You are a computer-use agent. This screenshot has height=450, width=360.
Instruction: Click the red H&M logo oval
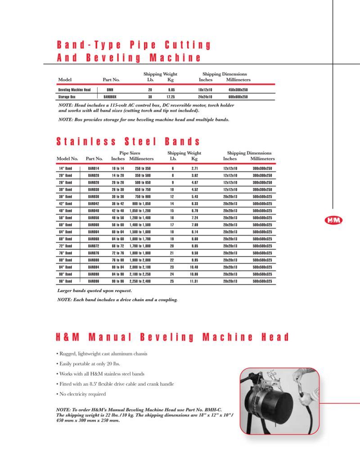pyautogui.click(x=333, y=220)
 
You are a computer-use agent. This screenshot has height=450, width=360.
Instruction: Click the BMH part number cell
pyautogui.click(x=110, y=90)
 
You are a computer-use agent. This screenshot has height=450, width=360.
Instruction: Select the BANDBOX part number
pyautogui.click(x=110, y=97)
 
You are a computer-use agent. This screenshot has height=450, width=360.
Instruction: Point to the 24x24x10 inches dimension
pyautogui.click(x=205, y=97)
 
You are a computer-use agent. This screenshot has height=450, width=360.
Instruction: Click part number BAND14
pyautogui.click(x=94, y=168)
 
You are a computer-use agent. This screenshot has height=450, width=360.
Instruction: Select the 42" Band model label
pyautogui.click(x=66, y=203)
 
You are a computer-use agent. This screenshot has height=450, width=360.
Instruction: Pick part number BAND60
pyautogui.click(x=94, y=225)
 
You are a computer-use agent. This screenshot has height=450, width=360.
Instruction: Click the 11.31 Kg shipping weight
pyautogui.click(x=194, y=281)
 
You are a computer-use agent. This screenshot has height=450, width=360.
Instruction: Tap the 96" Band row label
pyautogui.click(x=66, y=281)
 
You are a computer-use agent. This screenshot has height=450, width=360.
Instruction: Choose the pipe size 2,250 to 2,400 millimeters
pyautogui.click(x=141, y=281)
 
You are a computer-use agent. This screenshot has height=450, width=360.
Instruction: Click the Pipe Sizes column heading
pyautogui.click(x=130, y=153)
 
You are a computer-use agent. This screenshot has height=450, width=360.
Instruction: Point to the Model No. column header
pyautogui.click(x=67, y=159)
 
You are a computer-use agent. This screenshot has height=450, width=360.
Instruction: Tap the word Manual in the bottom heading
pyautogui.click(x=110, y=337)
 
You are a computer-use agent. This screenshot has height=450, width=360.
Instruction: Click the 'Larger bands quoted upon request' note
pyautogui.click(x=94, y=291)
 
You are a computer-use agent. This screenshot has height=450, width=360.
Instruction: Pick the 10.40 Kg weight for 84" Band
pyautogui.click(x=194, y=267)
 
